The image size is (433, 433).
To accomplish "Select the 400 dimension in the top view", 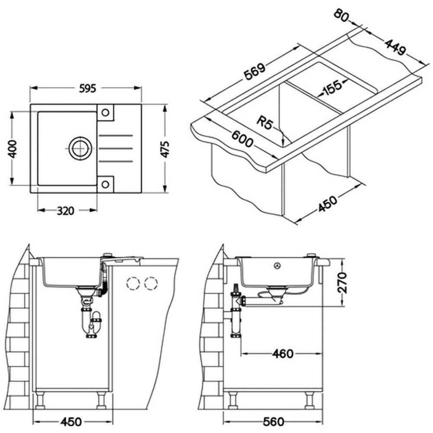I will tap(13, 148).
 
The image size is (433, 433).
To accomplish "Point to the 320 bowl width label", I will tap(65, 211).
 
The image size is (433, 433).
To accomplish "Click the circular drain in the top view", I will tap(79, 148).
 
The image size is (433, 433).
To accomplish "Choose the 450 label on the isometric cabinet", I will tap(328, 203).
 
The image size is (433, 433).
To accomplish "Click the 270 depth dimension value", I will tap(342, 283).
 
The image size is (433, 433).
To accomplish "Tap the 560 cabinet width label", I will tap(274, 421).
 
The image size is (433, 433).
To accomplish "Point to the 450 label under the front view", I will tap(72, 421).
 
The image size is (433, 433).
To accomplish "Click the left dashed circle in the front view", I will tap(132, 284).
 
